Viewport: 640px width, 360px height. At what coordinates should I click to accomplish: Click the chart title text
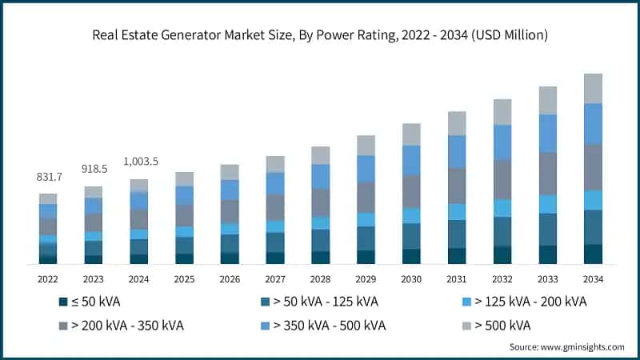pyautogui.click(x=319, y=34)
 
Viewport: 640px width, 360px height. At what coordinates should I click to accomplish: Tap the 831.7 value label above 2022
pyautogui.click(x=48, y=177)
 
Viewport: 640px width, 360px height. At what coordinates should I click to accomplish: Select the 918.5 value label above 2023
pyautogui.click(x=94, y=170)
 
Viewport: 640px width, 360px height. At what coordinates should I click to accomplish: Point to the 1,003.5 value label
pyautogui.click(x=139, y=162)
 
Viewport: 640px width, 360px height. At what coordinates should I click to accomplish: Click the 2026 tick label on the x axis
pyautogui.click(x=230, y=279)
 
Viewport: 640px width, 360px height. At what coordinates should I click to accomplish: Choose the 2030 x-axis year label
pyautogui.click(x=411, y=279)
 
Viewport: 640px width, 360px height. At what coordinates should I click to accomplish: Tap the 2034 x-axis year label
pyautogui.click(x=593, y=279)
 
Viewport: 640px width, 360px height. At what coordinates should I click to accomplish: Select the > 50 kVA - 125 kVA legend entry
pyautogui.click(x=314, y=302)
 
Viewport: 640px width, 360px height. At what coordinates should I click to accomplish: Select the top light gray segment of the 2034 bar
pyautogui.click(x=593, y=88)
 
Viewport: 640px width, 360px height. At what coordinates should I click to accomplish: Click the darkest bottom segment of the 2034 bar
pyautogui.click(x=593, y=254)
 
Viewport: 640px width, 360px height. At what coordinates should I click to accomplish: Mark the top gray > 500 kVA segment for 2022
pyautogui.click(x=48, y=198)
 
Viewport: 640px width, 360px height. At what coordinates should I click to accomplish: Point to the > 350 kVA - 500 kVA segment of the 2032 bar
pyautogui.click(x=502, y=142)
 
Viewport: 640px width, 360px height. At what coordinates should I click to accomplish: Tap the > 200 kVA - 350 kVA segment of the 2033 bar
pyautogui.click(x=547, y=173)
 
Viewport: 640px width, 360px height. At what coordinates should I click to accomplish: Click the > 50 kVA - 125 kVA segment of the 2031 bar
pyautogui.click(x=457, y=234)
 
